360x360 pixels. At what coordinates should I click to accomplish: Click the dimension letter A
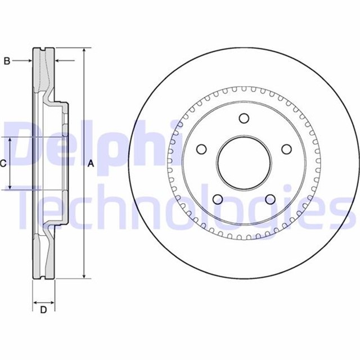(x=91, y=164)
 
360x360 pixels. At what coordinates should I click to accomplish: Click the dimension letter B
(x=7, y=61)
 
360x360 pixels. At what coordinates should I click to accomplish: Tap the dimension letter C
(x=3, y=164)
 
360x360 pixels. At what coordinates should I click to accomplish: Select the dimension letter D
(x=43, y=310)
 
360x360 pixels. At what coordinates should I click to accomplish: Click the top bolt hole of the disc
(x=244, y=118)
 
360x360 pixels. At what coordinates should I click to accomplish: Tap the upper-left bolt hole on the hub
(x=201, y=149)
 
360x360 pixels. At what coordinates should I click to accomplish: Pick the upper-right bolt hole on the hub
(x=286, y=149)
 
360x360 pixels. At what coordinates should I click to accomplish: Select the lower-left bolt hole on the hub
(x=218, y=199)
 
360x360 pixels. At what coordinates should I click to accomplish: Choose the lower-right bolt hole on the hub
(x=270, y=199)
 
